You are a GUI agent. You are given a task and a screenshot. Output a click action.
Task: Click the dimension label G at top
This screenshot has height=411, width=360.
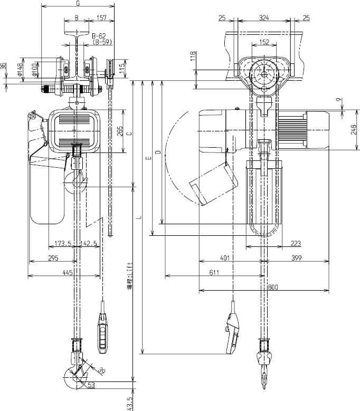(78, 4)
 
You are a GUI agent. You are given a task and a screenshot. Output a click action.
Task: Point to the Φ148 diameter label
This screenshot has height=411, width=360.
(20, 69)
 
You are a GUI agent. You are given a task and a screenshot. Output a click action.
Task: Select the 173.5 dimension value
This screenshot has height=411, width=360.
(63, 244)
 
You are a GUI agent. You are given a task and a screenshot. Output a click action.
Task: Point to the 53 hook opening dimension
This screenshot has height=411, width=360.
(91, 385)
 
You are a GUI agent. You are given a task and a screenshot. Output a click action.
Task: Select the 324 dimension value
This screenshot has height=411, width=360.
(264, 18)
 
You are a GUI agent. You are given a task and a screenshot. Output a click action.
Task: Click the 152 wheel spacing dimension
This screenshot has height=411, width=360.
(264, 42)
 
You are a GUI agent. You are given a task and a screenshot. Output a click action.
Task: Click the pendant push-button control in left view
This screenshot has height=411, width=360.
(102, 333)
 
